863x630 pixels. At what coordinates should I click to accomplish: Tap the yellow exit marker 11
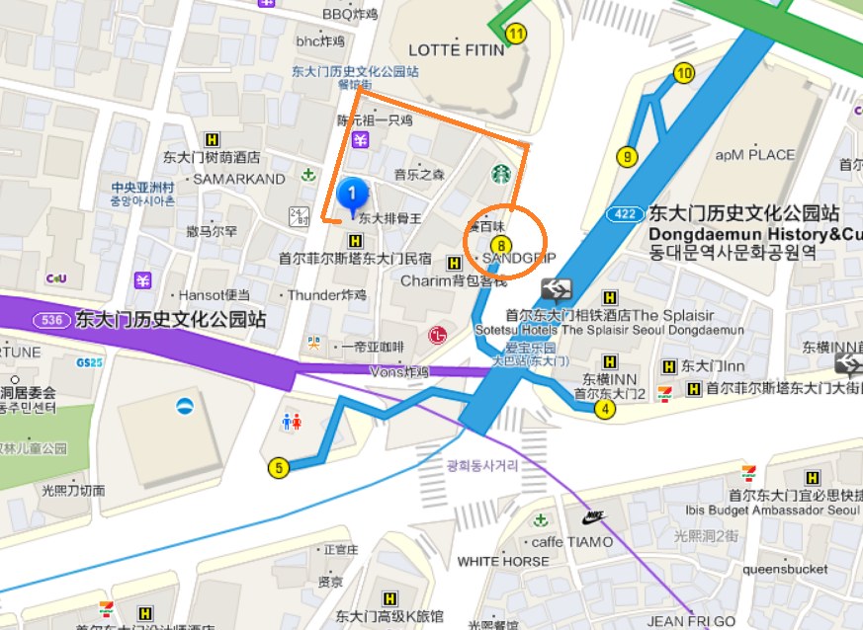tap(515, 33)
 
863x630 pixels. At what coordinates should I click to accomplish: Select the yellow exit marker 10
tap(683, 72)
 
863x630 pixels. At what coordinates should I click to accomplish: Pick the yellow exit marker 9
tap(626, 156)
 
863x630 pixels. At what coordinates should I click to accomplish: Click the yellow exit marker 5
tap(279, 467)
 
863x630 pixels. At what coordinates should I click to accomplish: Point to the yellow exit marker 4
tap(605, 410)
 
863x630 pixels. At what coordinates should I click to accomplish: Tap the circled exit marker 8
tap(502, 243)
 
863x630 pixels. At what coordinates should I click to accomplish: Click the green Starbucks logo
tap(501, 175)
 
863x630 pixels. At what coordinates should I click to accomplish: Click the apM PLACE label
tap(755, 155)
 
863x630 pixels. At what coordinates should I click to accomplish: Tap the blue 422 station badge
tap(625, 213)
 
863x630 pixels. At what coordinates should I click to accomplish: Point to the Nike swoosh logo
tap(593, 516)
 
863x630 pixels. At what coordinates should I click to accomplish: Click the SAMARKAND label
tap(239, 179)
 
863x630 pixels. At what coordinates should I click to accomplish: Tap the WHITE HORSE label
tap(503, 561)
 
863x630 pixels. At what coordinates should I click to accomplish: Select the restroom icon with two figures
tap(291, 422)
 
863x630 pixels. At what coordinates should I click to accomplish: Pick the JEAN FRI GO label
tap(692, 621)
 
